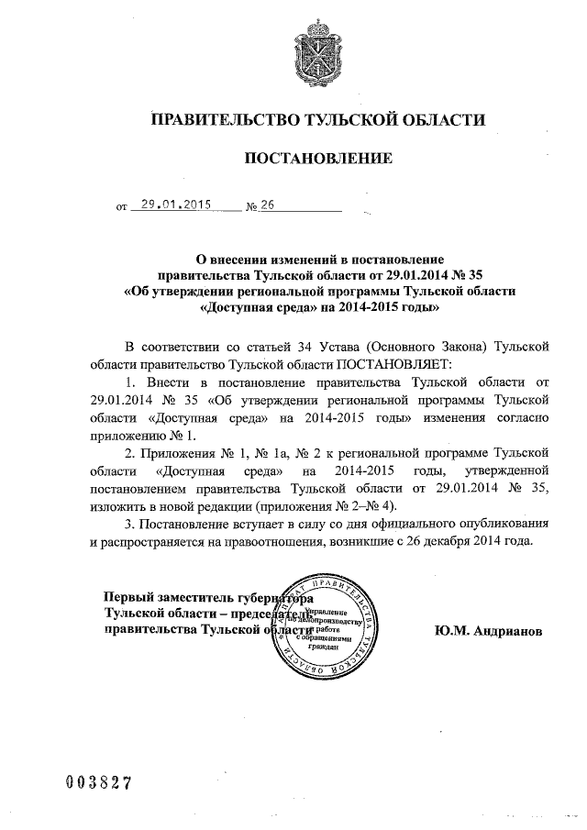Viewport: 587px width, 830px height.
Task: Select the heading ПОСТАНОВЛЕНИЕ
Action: (x=316, y=160)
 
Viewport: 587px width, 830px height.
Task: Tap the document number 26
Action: (x=268, y=206)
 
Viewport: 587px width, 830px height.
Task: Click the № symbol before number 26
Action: (x=251, y=207)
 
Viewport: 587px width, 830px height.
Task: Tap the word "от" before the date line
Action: (x=121, y=208)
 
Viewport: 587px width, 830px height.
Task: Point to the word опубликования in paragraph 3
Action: (x=507, y=525)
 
